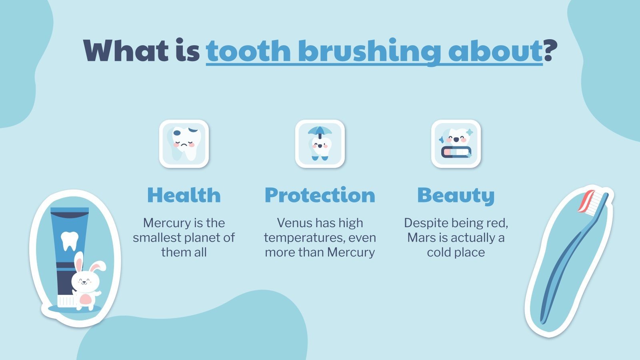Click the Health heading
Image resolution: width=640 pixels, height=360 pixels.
[x=184, y=195]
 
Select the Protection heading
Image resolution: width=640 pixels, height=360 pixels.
[x=320, y=195]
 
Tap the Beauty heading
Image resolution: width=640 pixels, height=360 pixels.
[x=456, y=195]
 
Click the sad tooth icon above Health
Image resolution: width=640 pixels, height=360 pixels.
[x=184, y=144]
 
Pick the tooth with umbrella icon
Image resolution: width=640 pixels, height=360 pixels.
[x=320, y=144]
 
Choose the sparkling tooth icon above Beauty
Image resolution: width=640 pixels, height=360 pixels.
[x=456, y=144]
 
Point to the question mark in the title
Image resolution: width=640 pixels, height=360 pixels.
[x=550, y=51]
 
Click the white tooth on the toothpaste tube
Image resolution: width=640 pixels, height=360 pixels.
[x=70, y=240]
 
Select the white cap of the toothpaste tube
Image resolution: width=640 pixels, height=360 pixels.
[x=65, y=301]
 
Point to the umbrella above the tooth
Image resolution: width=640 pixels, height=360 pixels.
[x=320, y=131]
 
